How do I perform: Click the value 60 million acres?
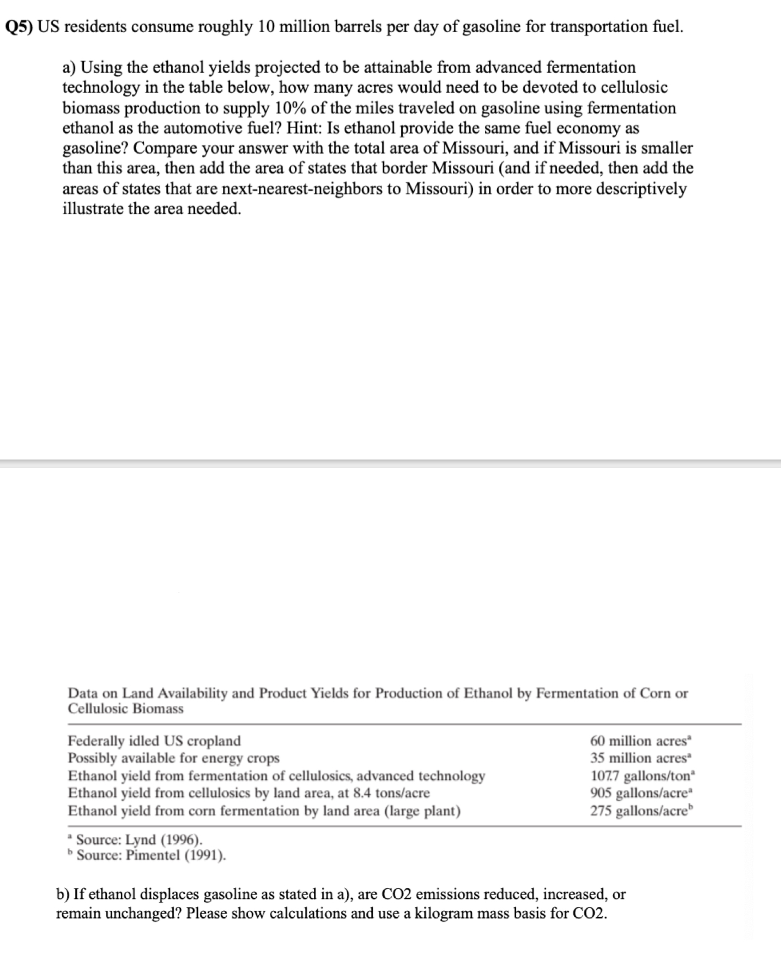(640, 741)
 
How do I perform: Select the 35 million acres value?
(640, 758)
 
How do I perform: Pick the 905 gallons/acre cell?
(640, 793)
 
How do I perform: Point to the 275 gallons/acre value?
(640, 811)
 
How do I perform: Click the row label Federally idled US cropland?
(154, 741)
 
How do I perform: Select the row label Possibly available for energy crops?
(173, 758)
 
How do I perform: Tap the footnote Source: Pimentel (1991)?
(150, 855)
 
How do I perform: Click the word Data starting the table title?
(83, 693)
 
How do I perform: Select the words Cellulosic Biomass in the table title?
(125, 709)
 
